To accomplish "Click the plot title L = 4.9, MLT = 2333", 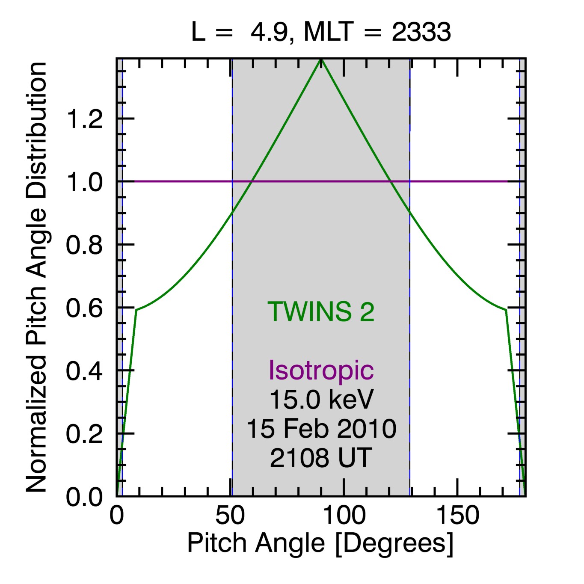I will point(321,32).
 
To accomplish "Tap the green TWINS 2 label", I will point(321,311).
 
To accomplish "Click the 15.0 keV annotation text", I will point(321,399).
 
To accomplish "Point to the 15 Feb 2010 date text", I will point(321,429).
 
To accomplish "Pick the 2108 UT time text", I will point(321,458).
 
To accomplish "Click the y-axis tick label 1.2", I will point(84,119).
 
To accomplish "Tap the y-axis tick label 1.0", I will point(84,182).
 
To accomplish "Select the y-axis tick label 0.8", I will point(84,245).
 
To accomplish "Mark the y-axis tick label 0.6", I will point(84,308).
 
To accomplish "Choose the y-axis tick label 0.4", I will point(84,371).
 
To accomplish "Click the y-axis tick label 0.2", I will point(84,434).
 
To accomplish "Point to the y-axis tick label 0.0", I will point(84,497).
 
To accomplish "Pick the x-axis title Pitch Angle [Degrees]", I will point(320,543).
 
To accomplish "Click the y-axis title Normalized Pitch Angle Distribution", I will point(36,277).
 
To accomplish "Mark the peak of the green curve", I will point(321,60).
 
